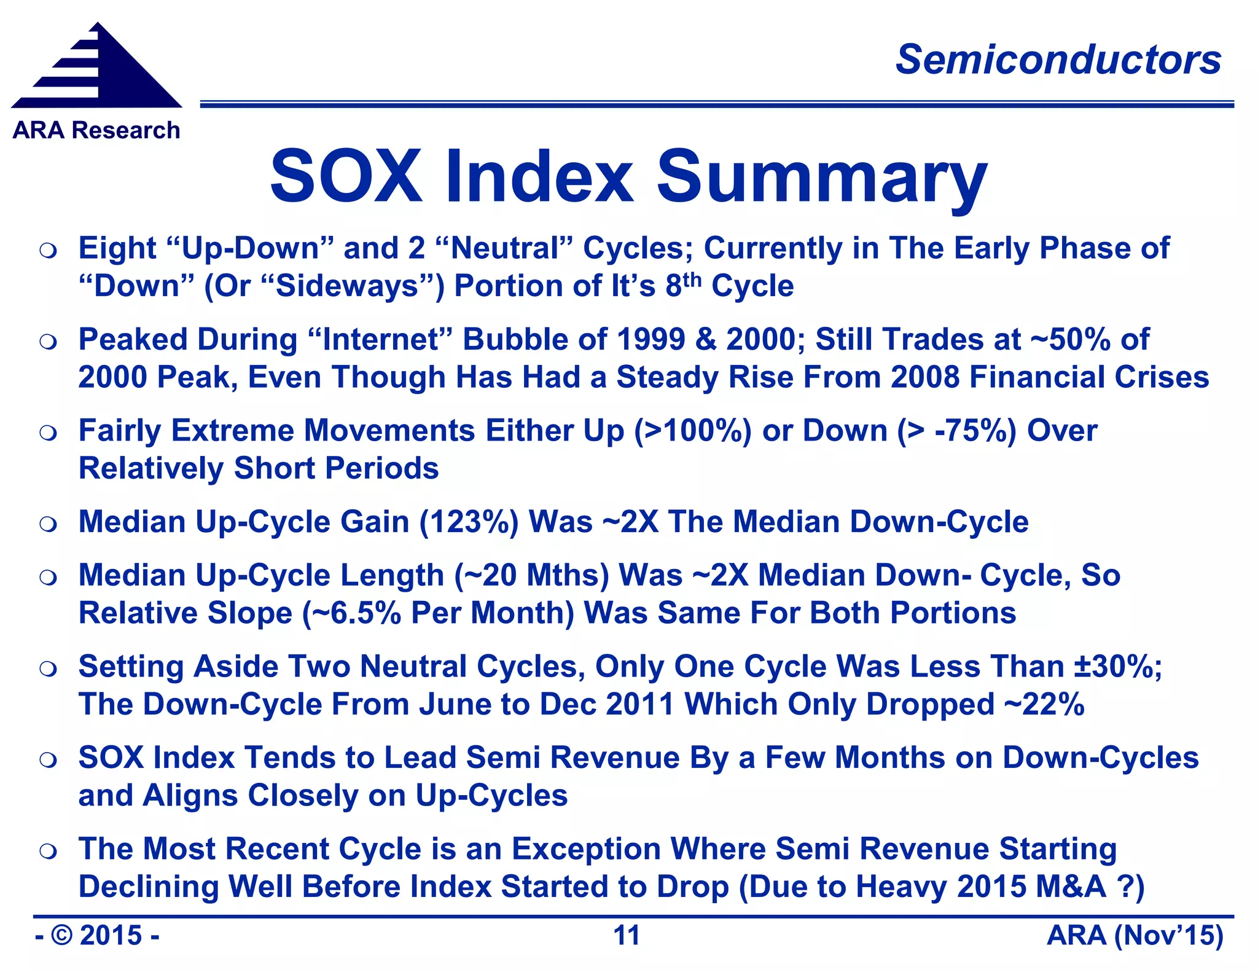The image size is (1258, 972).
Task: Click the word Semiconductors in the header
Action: point(1058,60)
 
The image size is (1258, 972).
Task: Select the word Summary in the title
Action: point(822,178)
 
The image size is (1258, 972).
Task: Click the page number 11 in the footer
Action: point(627,936)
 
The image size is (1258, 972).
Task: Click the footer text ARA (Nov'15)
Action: point(1135,936)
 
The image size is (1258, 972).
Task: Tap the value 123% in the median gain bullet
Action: point(469,522)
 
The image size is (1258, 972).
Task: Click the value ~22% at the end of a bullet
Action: point(1044,704)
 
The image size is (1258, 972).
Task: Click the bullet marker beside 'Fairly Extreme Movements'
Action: point(48,433)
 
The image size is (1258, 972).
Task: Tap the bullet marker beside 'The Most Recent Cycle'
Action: point(48,851)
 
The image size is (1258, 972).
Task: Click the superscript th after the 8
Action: point(692,280)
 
